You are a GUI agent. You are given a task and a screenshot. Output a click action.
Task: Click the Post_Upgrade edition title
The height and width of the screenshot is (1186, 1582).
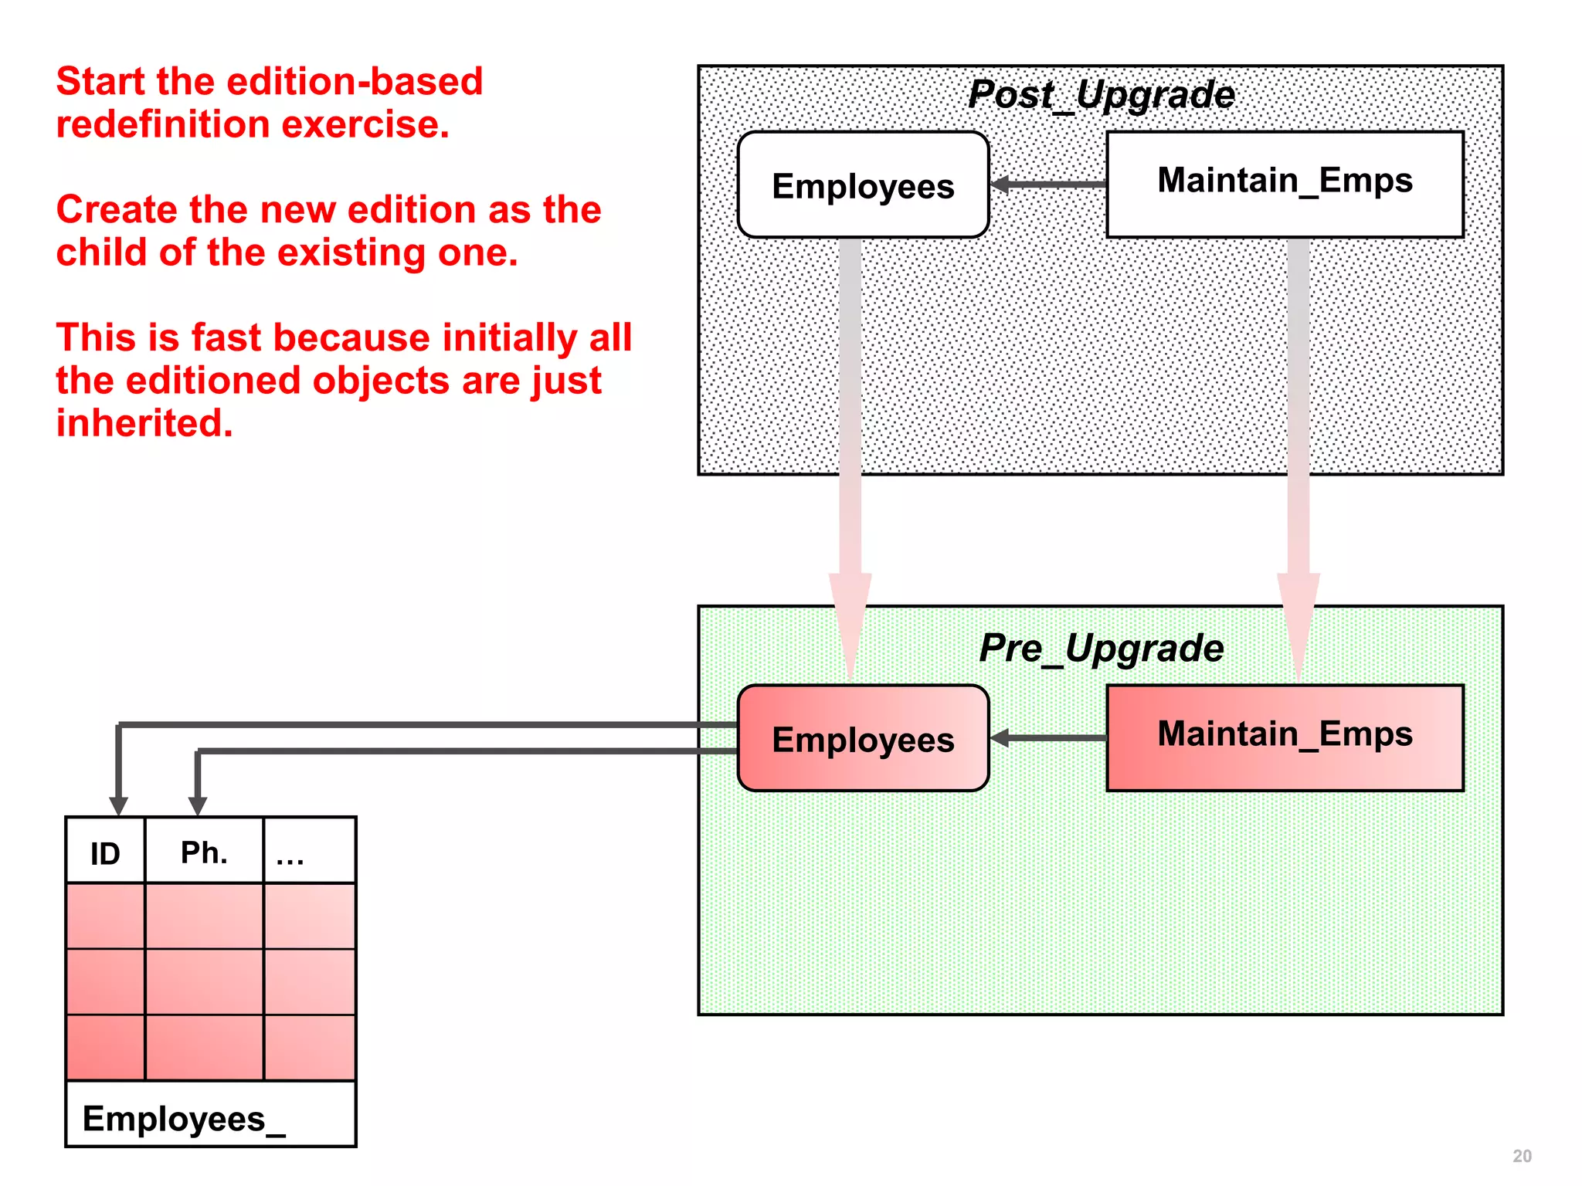tap(1101, 96)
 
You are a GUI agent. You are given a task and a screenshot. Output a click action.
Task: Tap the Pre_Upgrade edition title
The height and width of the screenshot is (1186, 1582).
tap(1101, 649)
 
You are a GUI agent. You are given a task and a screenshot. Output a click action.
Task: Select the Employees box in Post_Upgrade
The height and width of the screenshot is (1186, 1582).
tap(863, 185)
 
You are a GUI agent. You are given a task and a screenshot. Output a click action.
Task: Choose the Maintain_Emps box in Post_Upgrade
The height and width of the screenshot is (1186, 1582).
tap(1285, 184)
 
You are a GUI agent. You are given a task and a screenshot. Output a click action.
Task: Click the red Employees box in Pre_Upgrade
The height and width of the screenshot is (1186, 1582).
tap(863, 738)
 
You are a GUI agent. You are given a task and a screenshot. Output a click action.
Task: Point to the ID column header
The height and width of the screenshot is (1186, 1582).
tap(105, 853)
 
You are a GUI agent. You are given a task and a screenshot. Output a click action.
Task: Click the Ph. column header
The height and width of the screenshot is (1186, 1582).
tap(204, 852)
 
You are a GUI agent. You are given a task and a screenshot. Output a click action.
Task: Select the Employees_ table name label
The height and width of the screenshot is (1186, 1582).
tap(184, 1119)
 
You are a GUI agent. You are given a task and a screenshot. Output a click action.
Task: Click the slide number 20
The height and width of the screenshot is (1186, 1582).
tap(1522, 1156)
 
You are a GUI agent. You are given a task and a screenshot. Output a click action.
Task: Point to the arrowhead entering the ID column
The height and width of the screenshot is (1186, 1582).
tap(118, 805)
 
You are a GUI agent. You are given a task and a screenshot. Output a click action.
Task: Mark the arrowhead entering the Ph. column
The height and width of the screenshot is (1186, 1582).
tap(198, 805)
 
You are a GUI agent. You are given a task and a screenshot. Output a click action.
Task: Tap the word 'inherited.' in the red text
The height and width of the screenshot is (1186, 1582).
tap(144, 423)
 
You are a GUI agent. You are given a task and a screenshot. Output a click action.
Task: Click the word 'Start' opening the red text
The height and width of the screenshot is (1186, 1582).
tap(100, 82)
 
